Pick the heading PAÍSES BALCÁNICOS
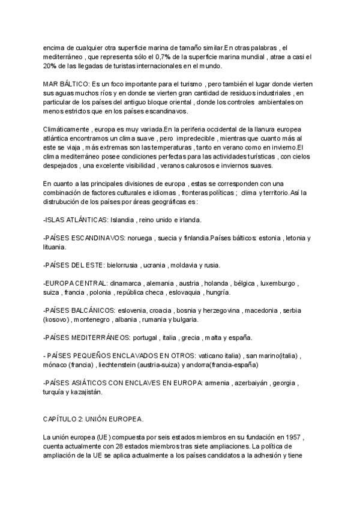click(79, 311)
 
